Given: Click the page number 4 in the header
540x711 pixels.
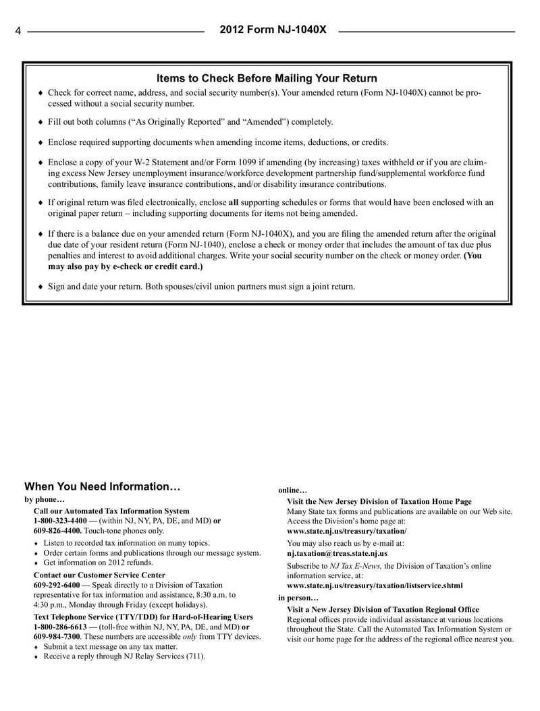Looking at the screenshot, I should (18, 31).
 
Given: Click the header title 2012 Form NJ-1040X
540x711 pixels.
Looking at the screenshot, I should (273, 30).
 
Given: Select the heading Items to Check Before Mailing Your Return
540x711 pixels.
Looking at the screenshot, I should (267, 79).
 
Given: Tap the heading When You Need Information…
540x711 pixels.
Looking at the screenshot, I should (103, 486).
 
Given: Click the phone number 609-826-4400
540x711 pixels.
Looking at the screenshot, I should (57, 531).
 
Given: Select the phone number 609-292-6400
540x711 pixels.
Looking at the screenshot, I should (57, 585).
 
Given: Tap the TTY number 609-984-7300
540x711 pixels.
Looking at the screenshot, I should (57, 636).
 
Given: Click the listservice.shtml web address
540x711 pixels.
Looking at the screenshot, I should (375, 586).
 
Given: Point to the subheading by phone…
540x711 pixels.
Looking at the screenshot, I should (45, 500).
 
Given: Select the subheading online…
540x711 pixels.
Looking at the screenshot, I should (293, 490).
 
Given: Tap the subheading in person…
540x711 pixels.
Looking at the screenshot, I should (298, 598).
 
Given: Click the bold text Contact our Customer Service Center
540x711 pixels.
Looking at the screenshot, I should (99, 575).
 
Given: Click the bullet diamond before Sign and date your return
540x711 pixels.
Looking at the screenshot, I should (40, 287).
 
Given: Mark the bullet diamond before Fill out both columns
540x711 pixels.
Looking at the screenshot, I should (40, 123).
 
